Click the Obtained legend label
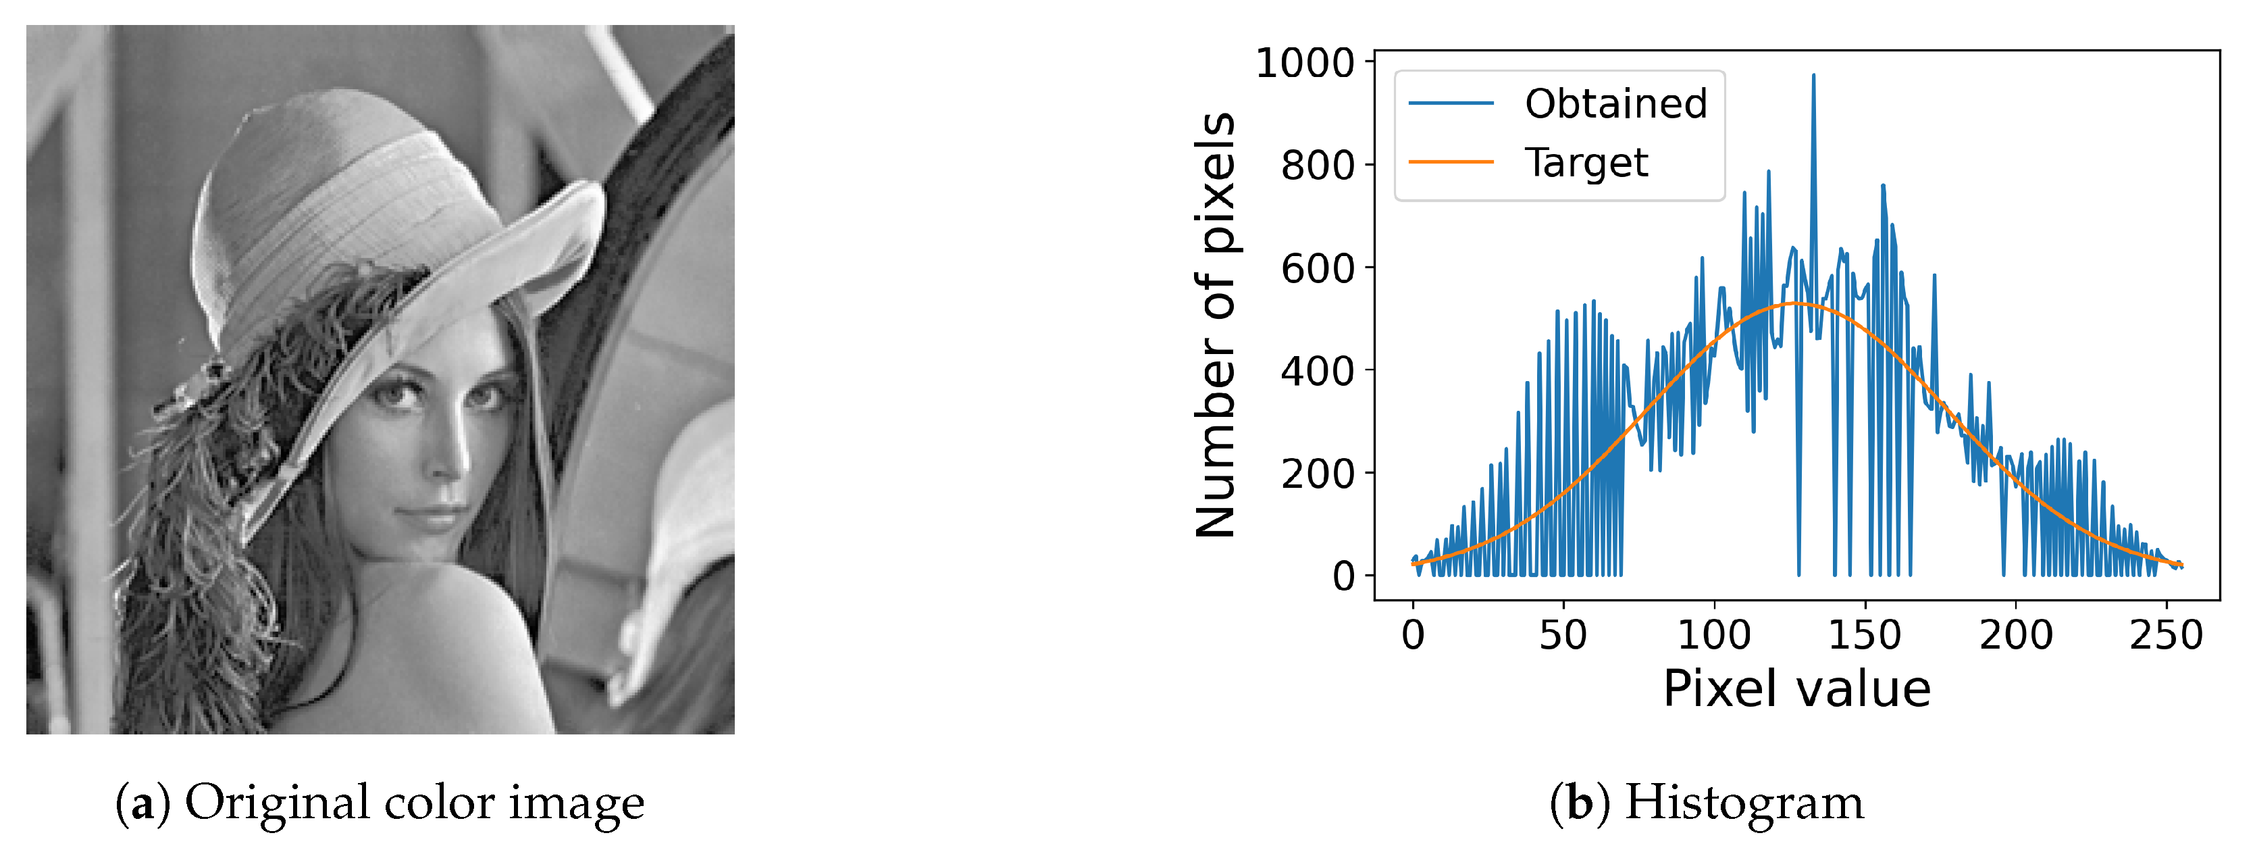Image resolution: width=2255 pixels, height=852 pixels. [1615, 104]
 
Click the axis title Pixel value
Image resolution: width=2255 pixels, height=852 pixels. [1796, 689]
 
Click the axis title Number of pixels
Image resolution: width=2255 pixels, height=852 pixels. [1215, 324]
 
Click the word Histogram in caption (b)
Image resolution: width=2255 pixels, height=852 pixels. [1744, 802]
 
